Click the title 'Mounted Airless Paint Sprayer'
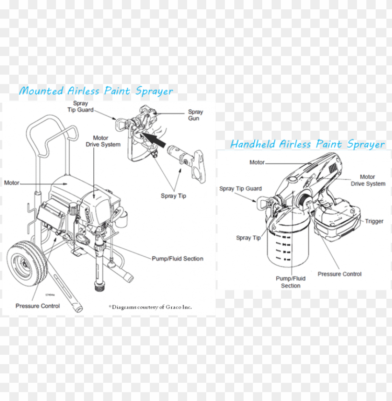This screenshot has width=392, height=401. tap(96, 91)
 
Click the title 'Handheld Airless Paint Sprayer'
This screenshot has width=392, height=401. tap(308, 144)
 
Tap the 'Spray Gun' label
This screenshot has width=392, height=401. tap(195, 115)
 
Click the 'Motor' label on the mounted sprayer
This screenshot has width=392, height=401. tap(12, 183)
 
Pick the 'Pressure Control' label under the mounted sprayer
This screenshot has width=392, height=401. tap(37, 306)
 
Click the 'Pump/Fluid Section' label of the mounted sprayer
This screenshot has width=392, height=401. tap(177, 258)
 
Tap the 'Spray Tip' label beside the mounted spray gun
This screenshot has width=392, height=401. tap(173, 196)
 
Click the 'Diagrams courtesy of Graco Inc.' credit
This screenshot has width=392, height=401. tap(150, 307)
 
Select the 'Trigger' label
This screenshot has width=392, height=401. tap(374, 221)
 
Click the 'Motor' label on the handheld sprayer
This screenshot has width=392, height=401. tap(257, 162)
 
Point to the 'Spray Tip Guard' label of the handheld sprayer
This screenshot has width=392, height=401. tap(240, 189)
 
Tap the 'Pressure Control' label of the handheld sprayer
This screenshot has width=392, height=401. tap(339, 274)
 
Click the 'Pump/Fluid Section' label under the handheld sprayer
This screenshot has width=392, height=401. tap(290, 282)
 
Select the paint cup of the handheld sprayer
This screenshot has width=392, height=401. tap(288, 245)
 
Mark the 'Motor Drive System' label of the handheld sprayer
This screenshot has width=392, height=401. tap(368, 180)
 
